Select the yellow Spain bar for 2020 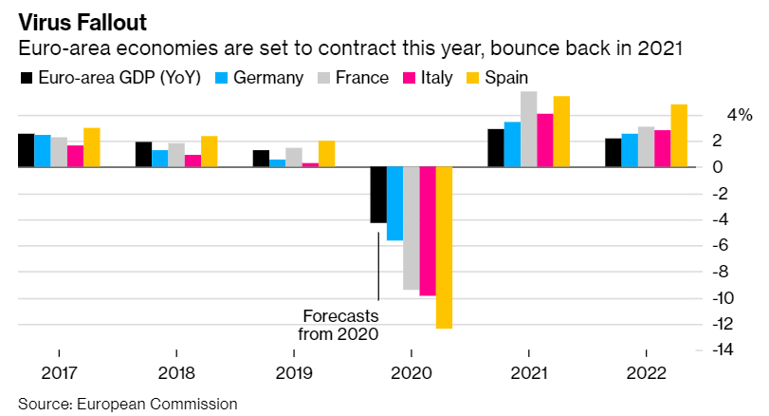(x=444, y=247)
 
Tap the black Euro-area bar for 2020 (x=378, y=195)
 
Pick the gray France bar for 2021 (x=528, y=129)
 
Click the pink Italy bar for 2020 (x=428, y=231)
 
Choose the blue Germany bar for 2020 (x=394, y=203)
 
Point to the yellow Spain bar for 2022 (x=679, y=136)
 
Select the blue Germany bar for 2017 (x=43, y=151)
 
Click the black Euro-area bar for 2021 (x=495, y=148)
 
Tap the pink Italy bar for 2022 (x=663, y=149)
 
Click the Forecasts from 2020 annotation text (x=339, y=325)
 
